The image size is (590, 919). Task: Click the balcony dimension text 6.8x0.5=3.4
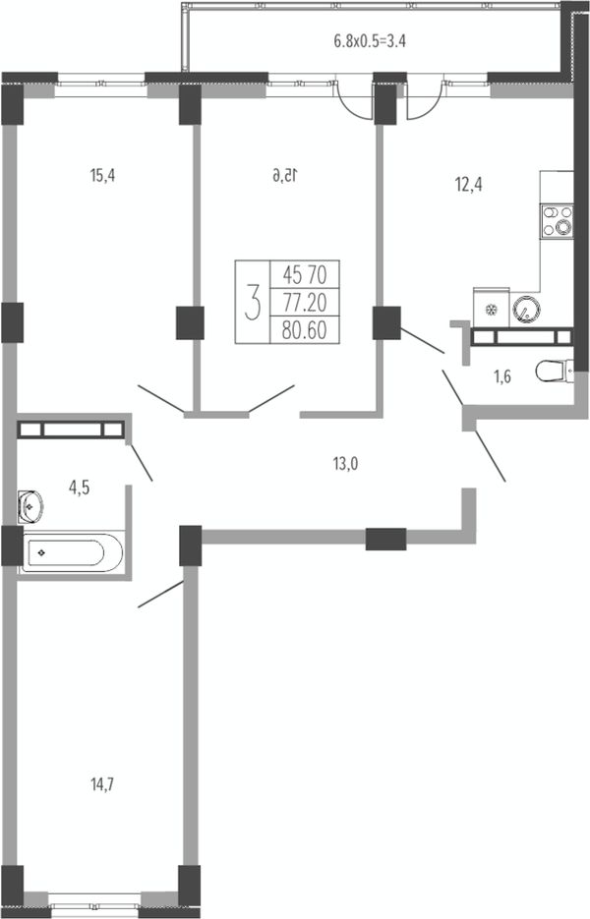(370, 41)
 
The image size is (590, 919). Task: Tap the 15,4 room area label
(102, 175)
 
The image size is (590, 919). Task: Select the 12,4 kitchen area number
(469, 185)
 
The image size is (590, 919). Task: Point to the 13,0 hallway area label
(345, 464)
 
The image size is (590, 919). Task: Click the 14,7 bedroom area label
(102, 783)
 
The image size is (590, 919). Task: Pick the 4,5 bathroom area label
(80, 488)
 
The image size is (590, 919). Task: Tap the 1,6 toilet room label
(502, 376)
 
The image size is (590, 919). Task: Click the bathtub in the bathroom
(72, 552)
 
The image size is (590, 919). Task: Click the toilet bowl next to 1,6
(555, 371)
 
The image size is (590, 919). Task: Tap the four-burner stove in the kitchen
(558, 221)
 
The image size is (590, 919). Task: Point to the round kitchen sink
(526, 309)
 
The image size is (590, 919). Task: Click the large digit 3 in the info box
(253, 302)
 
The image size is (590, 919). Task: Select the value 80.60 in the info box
(305, 330)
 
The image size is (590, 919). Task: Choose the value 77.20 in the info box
(305, 303)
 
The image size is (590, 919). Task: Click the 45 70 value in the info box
(305, 273)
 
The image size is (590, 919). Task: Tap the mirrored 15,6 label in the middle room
(285, 175)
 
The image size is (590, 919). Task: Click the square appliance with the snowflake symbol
(492, 306)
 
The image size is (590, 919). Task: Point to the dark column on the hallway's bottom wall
(385, 540)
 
